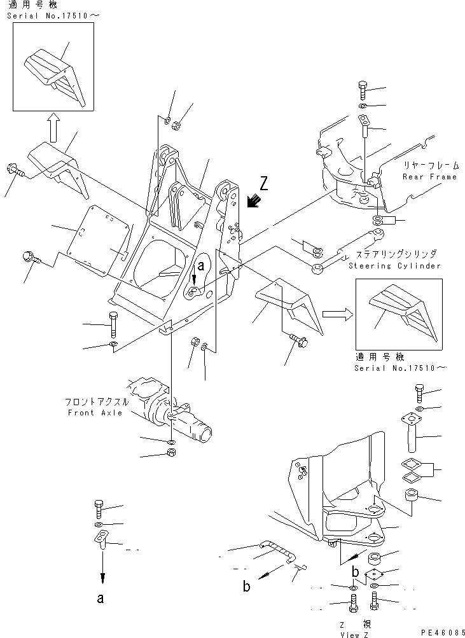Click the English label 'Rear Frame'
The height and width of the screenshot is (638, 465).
(429, 177)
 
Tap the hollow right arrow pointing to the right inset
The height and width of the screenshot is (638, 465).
(336, 313)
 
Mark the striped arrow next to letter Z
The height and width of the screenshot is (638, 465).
(255, 201)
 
